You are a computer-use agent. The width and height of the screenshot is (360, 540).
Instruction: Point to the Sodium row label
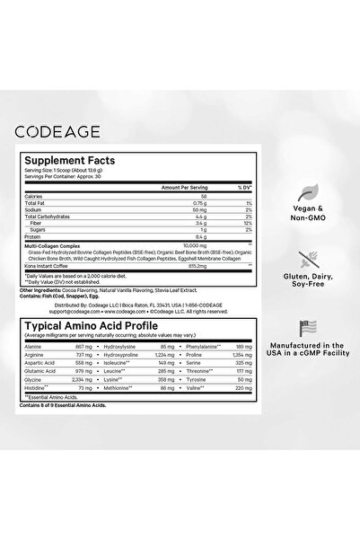[60, 210]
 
